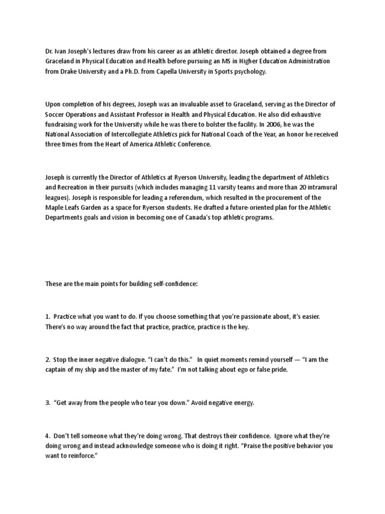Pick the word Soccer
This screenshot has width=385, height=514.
pyautogui.click(x=55, y=114)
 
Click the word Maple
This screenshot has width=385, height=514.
pyautogui.click(x=54, y=208)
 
